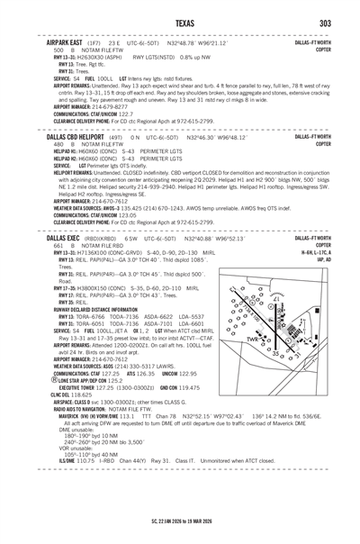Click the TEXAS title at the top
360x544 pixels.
click(180, 22)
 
